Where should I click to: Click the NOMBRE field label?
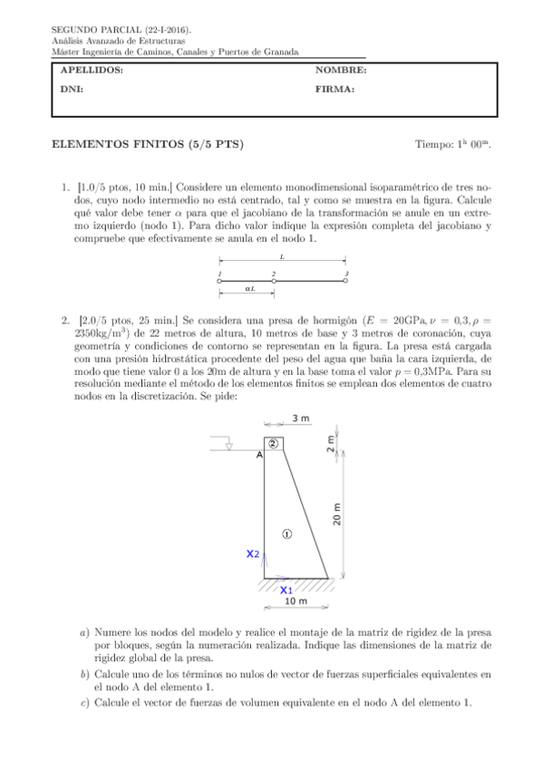click(341, 71)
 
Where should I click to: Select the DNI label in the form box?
click(70, 90)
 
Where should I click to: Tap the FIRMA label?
click(335, 90)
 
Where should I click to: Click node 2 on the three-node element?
click(274, 282)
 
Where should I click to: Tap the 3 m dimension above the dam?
click(302, 418)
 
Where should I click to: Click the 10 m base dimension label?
click(296, 600)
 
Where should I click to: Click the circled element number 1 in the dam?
click(286, 533)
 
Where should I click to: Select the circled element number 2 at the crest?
click(273, 443)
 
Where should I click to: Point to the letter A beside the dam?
click(260, 456)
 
